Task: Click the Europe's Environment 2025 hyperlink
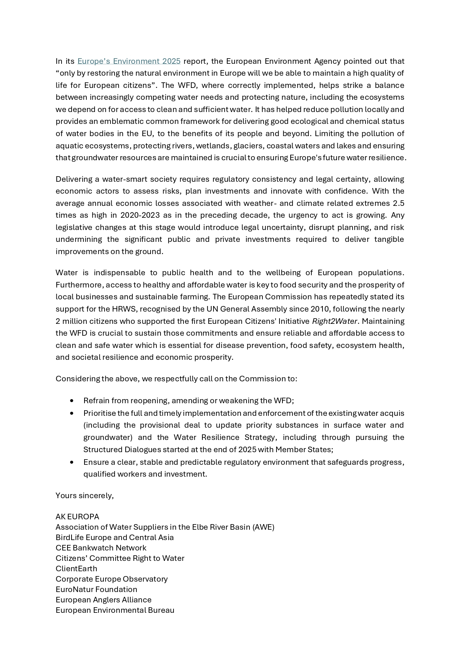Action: [x=129, y=61]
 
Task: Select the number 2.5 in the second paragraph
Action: [x=398, y=203]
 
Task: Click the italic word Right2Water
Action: [x=334, y=321]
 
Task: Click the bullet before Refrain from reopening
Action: [x=72, y=401]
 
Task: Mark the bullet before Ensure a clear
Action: [x=72, y=462]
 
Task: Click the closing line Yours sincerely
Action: [x=85, y=496]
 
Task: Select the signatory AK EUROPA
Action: [x=77, y=517]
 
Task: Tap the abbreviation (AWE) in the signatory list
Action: [x=263, y=527]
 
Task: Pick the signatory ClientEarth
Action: [x=76, y=569]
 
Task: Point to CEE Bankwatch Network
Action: [x=101, y=548]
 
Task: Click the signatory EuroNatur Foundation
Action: [x=96, y=589]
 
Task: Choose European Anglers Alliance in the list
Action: [x=103, y=600]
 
